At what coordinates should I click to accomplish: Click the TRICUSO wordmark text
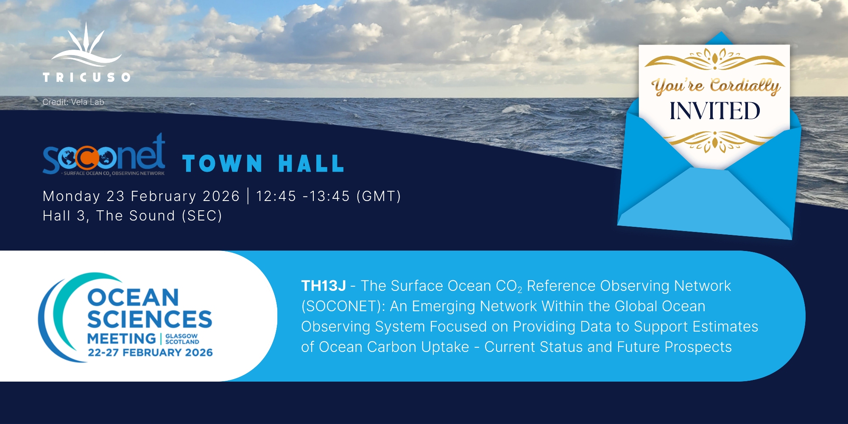click(86, 77)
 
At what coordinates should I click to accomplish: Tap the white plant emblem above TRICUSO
click(86, 45)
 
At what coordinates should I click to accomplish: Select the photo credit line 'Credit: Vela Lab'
click(73, 102)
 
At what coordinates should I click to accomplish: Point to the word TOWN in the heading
click(223, 164)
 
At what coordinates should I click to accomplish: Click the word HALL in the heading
click(311, 164)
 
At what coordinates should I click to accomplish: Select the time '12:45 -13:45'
click(303, 196)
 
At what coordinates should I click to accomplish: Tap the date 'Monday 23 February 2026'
click(142, 197)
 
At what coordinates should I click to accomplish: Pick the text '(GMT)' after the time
click(379, 196)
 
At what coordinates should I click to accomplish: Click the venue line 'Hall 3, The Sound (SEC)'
click(132, 216)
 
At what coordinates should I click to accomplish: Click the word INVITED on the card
click(715, 111)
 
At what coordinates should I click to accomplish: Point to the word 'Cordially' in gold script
click(745, 86)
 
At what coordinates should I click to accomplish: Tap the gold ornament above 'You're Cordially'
click(715, 59)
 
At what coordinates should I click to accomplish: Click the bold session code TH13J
click(324, 286)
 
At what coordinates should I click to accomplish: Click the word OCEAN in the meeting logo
click(133, 298)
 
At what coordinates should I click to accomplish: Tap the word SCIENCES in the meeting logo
click(150, 319)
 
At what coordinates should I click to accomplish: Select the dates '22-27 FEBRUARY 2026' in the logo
click(150, 352)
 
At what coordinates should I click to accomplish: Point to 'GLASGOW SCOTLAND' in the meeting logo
click(182, 339)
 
